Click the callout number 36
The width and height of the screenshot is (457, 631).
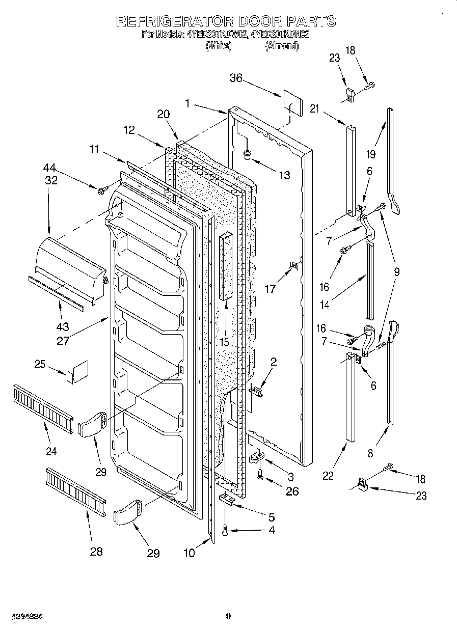[235, 78]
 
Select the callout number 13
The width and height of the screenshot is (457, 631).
[284, 175]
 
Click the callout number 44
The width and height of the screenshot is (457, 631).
[50, 168]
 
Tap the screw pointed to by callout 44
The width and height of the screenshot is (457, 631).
[102, 190]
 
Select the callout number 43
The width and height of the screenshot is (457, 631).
[63, 327]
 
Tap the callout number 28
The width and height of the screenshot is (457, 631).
[95, 551]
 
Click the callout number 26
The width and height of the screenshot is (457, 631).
[291, 491]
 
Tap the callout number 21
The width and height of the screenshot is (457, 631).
[314, 108]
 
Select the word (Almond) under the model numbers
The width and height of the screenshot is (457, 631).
[282, 46]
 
